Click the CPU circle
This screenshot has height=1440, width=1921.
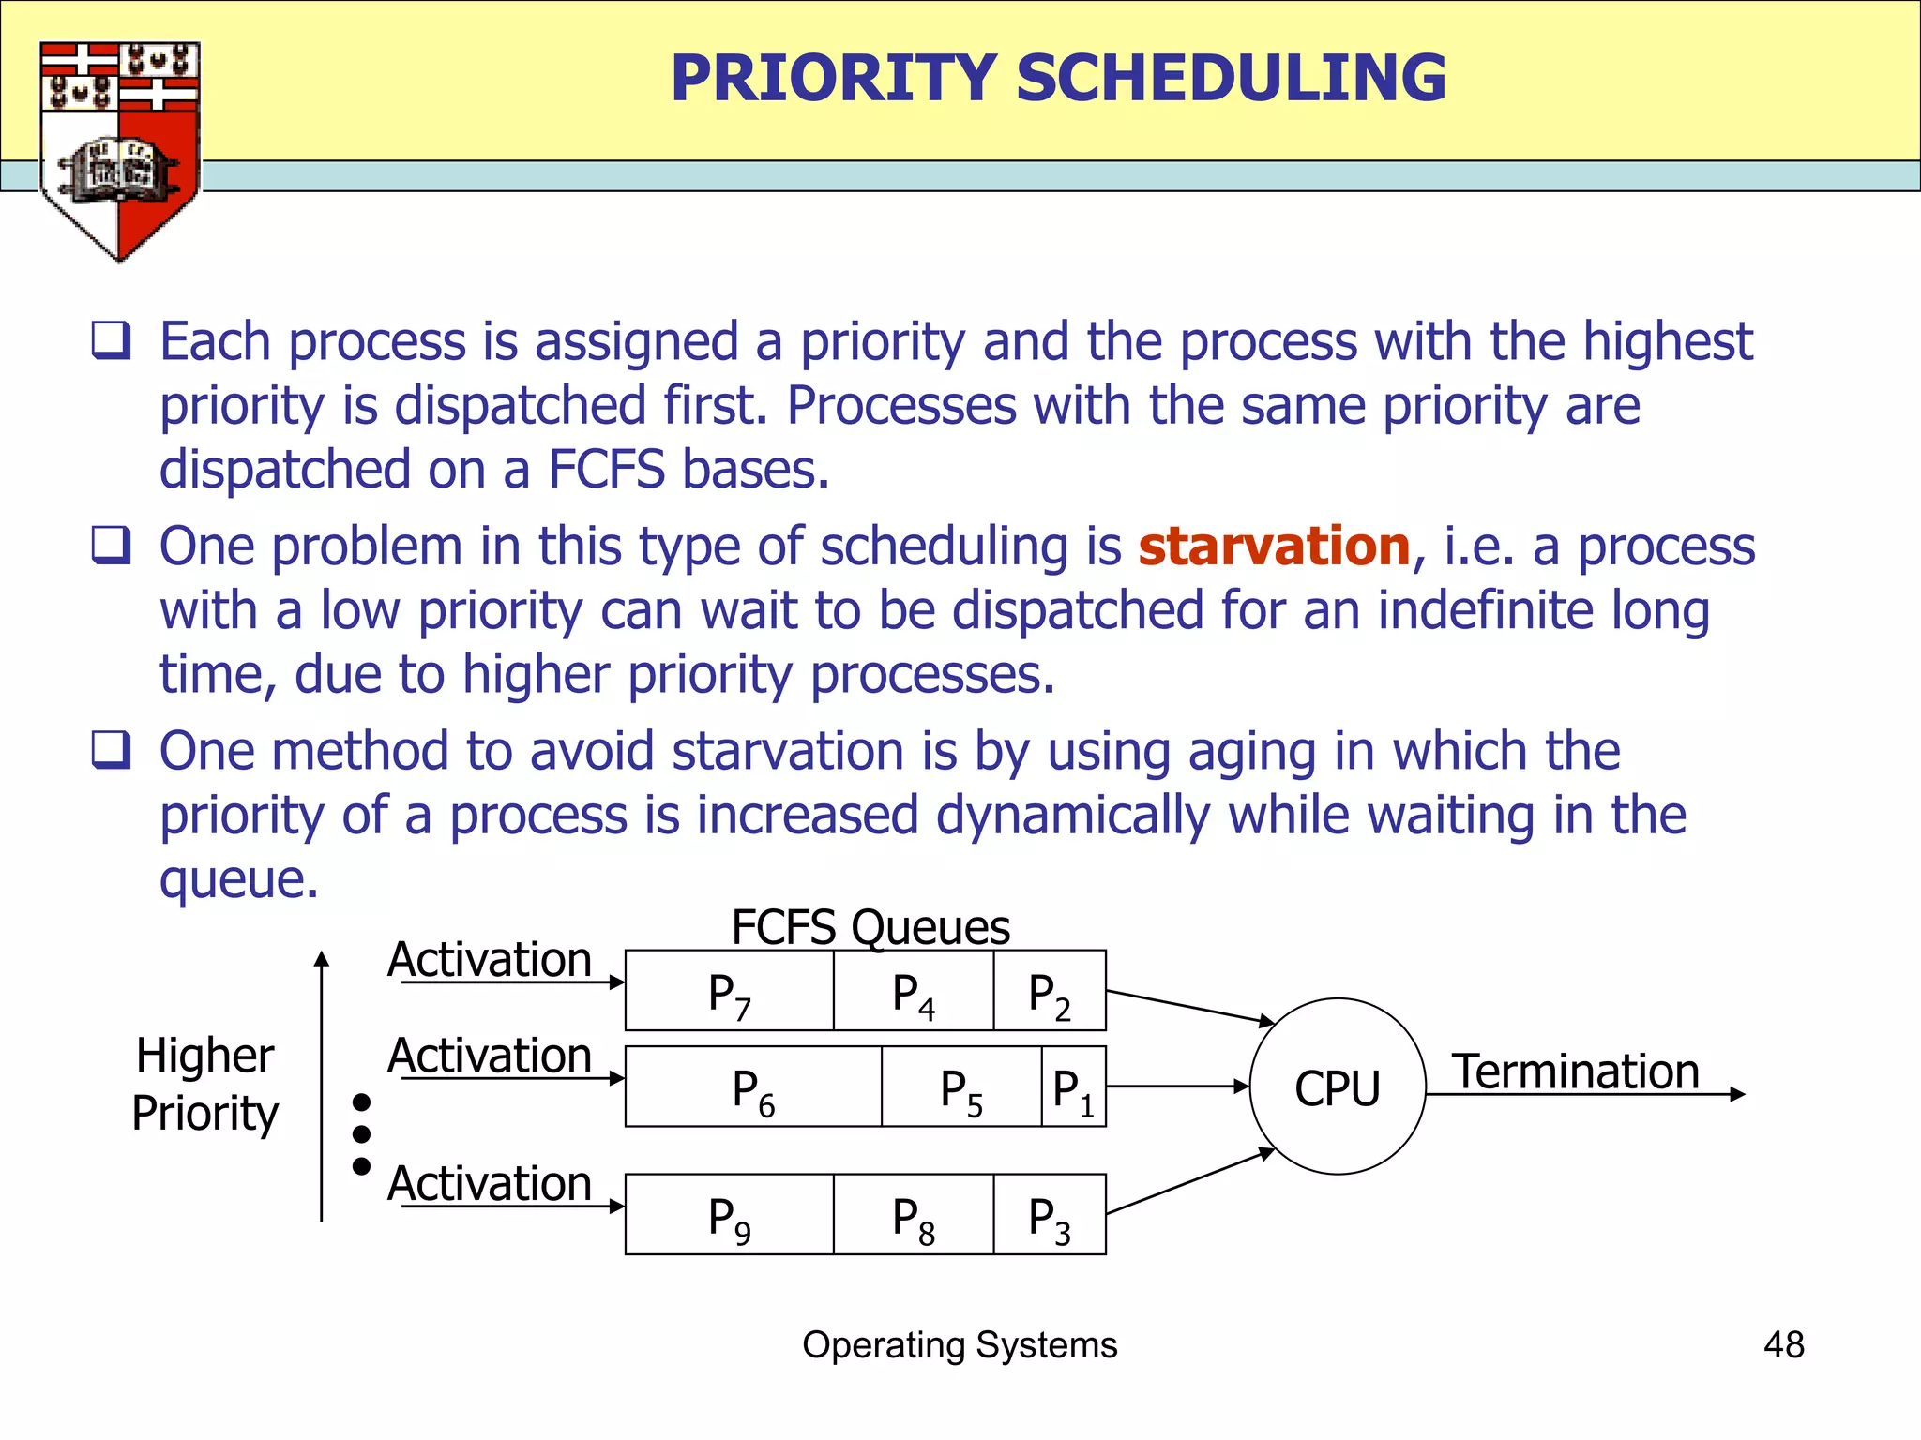(1338, 1087)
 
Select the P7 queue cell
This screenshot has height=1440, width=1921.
(729, 992)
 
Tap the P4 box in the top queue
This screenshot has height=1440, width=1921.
(913, 992)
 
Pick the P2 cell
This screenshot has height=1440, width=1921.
(1049, 992)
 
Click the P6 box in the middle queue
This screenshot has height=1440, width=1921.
(753, 1087)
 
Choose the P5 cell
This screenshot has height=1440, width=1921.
(960, 1087)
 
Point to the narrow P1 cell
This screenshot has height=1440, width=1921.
(1073, 1087)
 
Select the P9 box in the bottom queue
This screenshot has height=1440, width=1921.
(729, 1215)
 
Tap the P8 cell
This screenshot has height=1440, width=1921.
(913, 1215)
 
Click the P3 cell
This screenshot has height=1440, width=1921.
(1049, 1215)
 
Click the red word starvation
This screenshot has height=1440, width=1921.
(1274, 547)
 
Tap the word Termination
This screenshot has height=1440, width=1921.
(1576, 1072)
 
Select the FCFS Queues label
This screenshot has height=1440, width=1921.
(870, 927)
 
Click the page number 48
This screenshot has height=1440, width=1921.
(1783, 1344)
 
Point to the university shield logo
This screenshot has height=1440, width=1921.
(119, 150)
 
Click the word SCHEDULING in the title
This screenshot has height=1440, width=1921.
(1231, 78)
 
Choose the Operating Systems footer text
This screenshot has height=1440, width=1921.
(960, 1344)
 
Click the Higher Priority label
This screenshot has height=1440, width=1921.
(204, 1085)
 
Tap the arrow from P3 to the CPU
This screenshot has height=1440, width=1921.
(1189, 1181)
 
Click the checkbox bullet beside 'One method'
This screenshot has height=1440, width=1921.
(111, 750)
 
